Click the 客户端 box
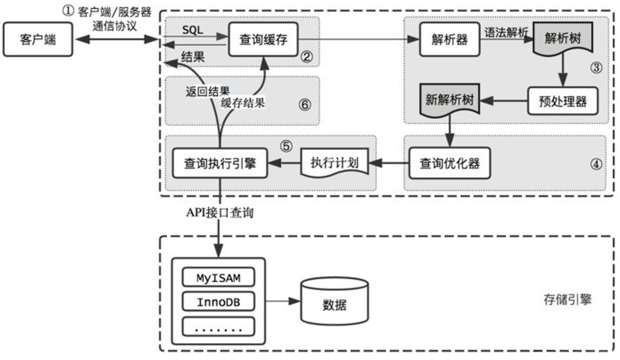coord(37,39)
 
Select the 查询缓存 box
coord(263,39)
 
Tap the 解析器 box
coord(449,39)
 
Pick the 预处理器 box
coord(563,101)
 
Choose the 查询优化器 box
coord(450,163)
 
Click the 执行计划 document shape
coord(334,163)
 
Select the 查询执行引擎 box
coord(219,163)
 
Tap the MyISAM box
coord(219,279)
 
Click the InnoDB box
coord(219,302)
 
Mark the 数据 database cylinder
coord(334,304)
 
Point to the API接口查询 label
coord(219,213)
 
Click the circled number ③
coord(595,68)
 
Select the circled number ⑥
coord(304,105)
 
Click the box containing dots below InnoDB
coord(219,326)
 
